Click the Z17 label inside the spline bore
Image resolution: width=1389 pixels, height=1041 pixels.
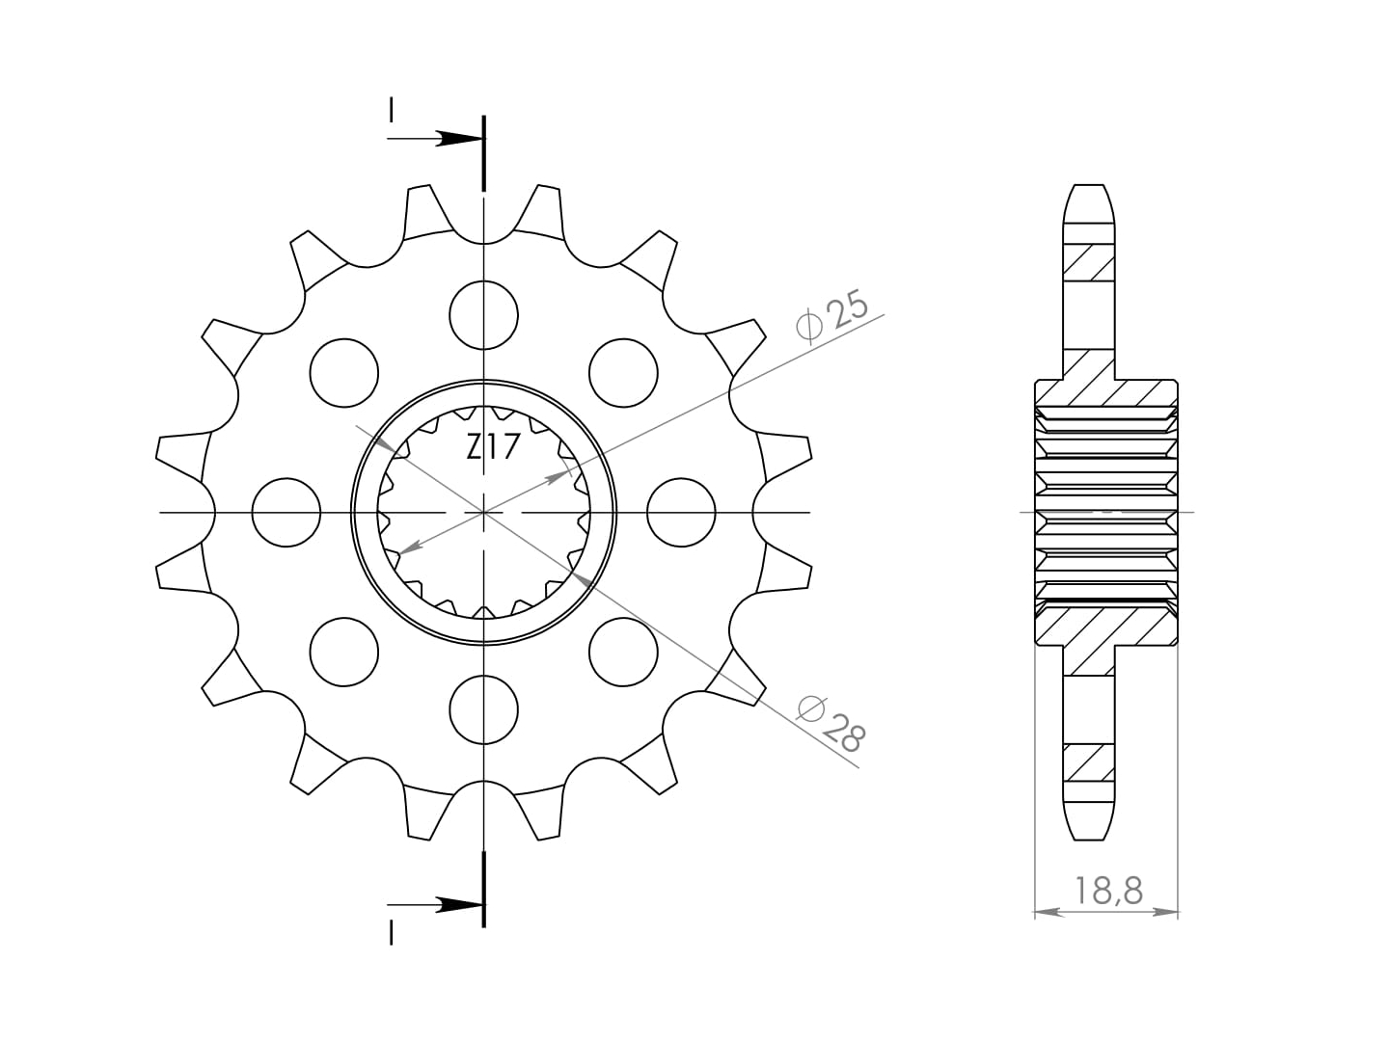[x=493, y=447]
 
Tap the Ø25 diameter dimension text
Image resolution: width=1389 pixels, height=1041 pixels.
[x=832, y=317]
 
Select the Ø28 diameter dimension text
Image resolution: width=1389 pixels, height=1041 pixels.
[x=831, y=724]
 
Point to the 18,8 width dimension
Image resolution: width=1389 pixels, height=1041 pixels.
[x=1108, y=891]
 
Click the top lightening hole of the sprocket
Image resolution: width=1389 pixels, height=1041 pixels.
[x=483, y=315]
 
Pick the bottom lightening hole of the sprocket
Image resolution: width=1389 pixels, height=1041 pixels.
[x=483, y=709]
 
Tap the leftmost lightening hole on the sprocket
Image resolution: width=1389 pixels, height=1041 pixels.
[x=286, y=512]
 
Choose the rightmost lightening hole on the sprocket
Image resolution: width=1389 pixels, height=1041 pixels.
[x=681, y=512]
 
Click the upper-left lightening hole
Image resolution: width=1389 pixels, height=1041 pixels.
[x=344, y=373]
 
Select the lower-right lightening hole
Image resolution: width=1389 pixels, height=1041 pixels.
[x=623, y=652]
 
